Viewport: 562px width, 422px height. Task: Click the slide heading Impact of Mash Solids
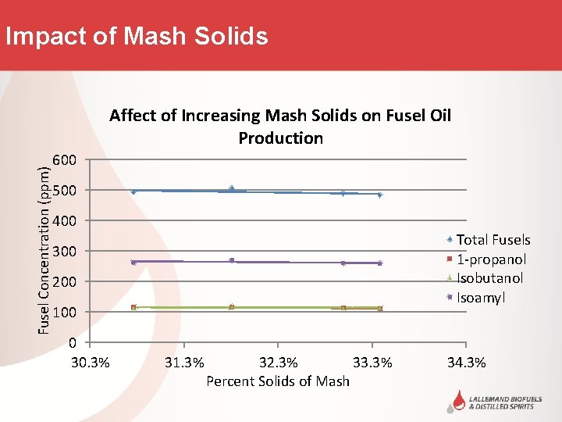pyautogui.click(x=136, y=36)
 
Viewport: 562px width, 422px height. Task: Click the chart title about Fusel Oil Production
pyautogui.click(x=280, y=127)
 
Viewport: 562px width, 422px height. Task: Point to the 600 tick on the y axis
pyautogui.click(x=64, y=160)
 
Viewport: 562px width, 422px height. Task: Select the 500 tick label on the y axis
pyautogui.click(x=64, y=191)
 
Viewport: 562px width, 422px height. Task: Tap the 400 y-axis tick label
pyautogui.click(x=64, y=221)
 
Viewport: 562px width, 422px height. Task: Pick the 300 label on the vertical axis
pyautogui.click(x=64, y=252)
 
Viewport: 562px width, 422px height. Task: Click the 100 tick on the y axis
pyautogui.click(x=64, y=313)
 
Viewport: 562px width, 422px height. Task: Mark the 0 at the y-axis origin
pyautogui.click(x=72, y=343)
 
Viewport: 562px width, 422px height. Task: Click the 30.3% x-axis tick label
pyautogui.click(x=90, y=363)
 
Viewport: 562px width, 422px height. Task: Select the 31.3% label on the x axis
pyautogui.click(x=184, y=363)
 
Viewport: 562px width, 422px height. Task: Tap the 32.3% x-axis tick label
pyautogui.click(x=278, y=363)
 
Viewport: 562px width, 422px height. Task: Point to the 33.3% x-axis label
pyautogui.click(x=372, y=363)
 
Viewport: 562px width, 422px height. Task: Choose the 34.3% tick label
pyautogui.click(x=466, y=363)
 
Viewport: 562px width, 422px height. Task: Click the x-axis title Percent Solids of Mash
pyautogui.click(x=278, y=381)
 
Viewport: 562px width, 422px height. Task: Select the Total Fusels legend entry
pyautogui.click(x=493, y=240)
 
